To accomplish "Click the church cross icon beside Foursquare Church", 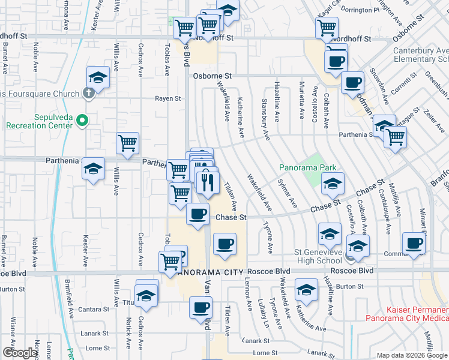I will (88, 93).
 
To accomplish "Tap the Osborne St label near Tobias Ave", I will (212, 76).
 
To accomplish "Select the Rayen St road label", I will (168, 98).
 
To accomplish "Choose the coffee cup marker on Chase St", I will (198, 214).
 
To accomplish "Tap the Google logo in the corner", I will (20, 353).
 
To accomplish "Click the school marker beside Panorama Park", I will (331, 184).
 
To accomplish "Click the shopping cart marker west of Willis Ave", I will (127, 143).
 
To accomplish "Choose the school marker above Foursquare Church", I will (98, 77).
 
